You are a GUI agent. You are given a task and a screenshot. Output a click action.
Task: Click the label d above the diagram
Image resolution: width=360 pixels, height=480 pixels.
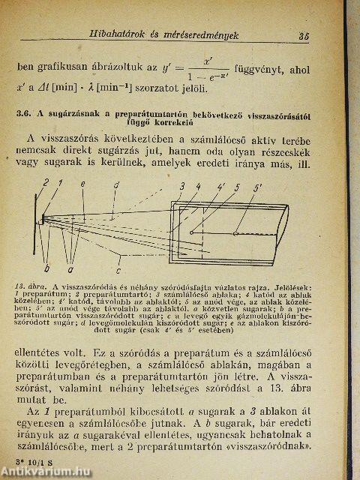115,183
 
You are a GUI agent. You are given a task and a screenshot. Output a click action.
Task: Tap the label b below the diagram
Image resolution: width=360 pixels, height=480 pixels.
46,267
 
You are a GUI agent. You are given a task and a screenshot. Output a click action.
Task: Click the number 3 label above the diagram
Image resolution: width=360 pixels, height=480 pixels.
181,184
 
